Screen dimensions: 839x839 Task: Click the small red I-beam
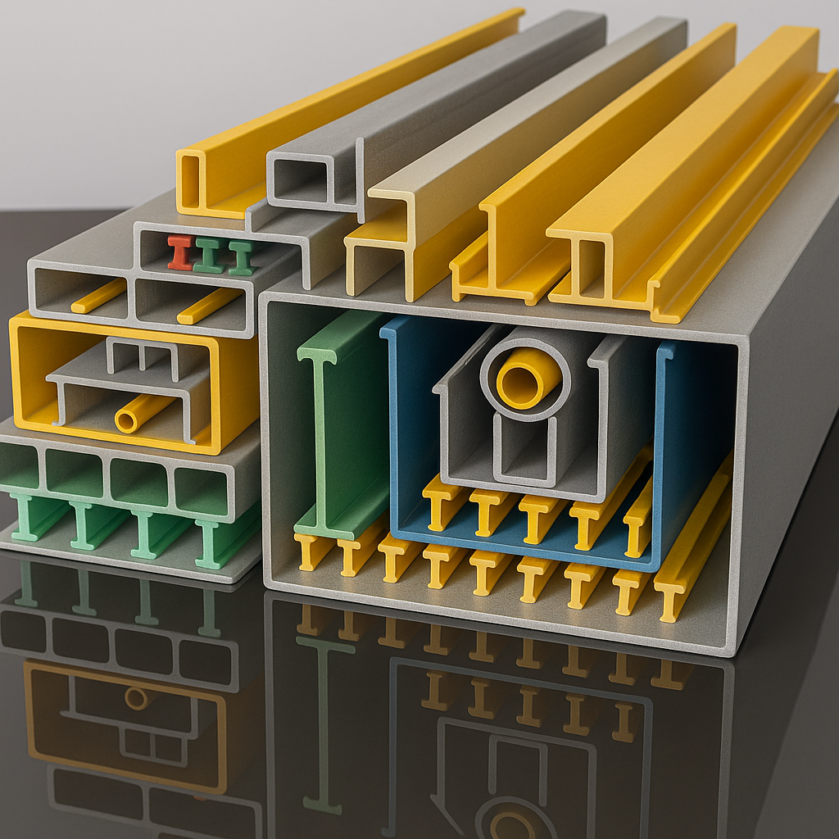[180, 252]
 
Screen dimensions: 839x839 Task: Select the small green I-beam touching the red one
[209, 256]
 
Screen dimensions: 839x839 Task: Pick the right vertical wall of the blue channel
[662, 451]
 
